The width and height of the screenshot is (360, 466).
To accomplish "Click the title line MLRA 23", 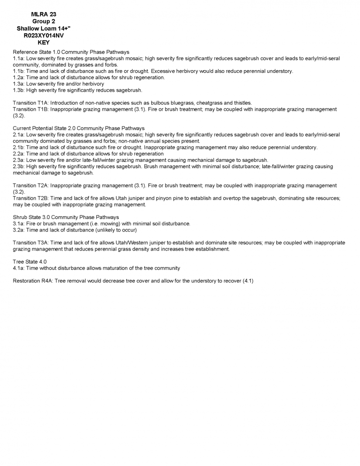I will (x=44, y=14).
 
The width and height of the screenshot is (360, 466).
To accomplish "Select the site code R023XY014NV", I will (x=44, y=36).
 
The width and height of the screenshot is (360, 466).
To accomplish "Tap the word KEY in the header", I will (x=44, y=43).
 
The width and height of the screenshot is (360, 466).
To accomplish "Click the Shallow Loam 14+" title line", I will (x=44, y=29).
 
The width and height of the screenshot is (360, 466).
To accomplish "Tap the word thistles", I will (x=241, y=103).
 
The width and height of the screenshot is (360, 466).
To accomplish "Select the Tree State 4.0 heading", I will (x=30, y=262).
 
